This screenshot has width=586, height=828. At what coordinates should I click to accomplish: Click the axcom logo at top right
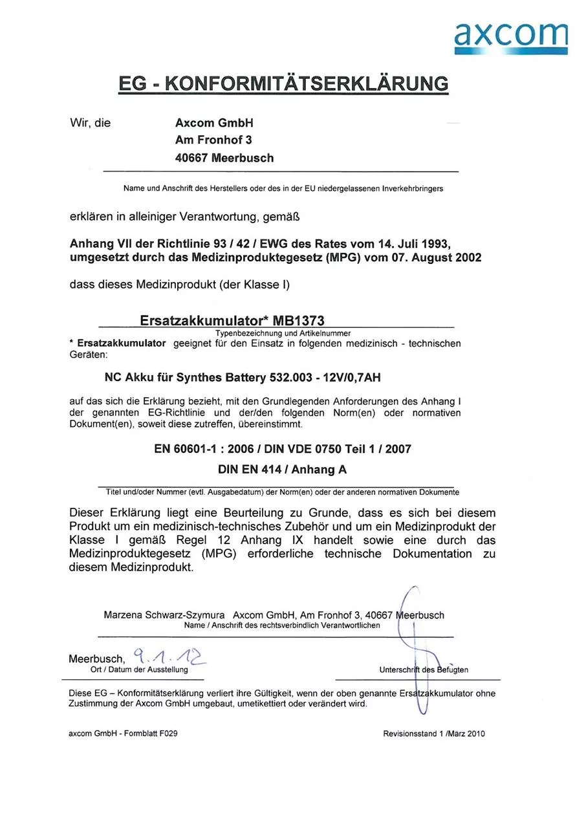511,38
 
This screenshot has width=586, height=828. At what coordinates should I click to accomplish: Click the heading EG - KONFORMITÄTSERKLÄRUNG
283,84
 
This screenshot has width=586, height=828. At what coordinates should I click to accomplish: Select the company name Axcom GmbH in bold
214,123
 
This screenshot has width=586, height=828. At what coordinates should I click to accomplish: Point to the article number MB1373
298,321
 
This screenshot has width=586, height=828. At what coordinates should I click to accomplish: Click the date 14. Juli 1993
411,243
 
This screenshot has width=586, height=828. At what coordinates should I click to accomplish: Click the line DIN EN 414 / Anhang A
283,470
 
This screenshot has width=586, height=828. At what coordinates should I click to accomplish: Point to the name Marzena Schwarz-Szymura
164,615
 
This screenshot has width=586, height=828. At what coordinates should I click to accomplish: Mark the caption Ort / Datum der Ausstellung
139,670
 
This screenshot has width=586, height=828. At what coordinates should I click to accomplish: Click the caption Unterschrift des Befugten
424,670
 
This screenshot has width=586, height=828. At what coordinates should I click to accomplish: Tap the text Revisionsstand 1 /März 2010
433,734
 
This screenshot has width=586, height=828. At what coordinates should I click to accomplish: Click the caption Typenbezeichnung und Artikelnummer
283,333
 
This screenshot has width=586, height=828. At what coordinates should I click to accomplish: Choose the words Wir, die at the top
90,123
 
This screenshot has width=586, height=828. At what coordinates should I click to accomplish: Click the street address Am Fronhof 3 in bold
213,140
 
